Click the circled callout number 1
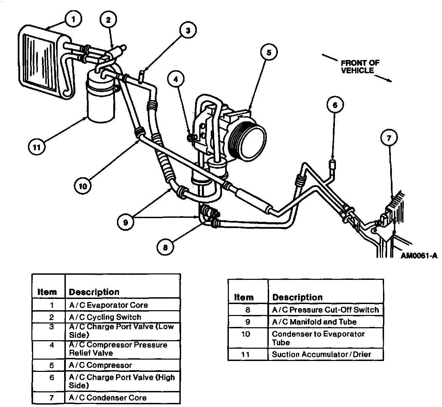point(73,19)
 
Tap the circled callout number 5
point(269,52)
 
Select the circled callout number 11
point(36,147)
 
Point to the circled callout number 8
point(165,247)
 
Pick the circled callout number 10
point(83,186)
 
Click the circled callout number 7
point(389,138)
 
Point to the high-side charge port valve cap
point(332,165)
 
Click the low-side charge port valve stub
point(141,77)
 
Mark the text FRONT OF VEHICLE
point(360,66)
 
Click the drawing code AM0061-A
point(419,255)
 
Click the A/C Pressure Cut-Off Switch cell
point(326,310)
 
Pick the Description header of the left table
point(94,292)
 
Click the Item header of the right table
point(244,297)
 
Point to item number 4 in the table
point(51,345)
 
